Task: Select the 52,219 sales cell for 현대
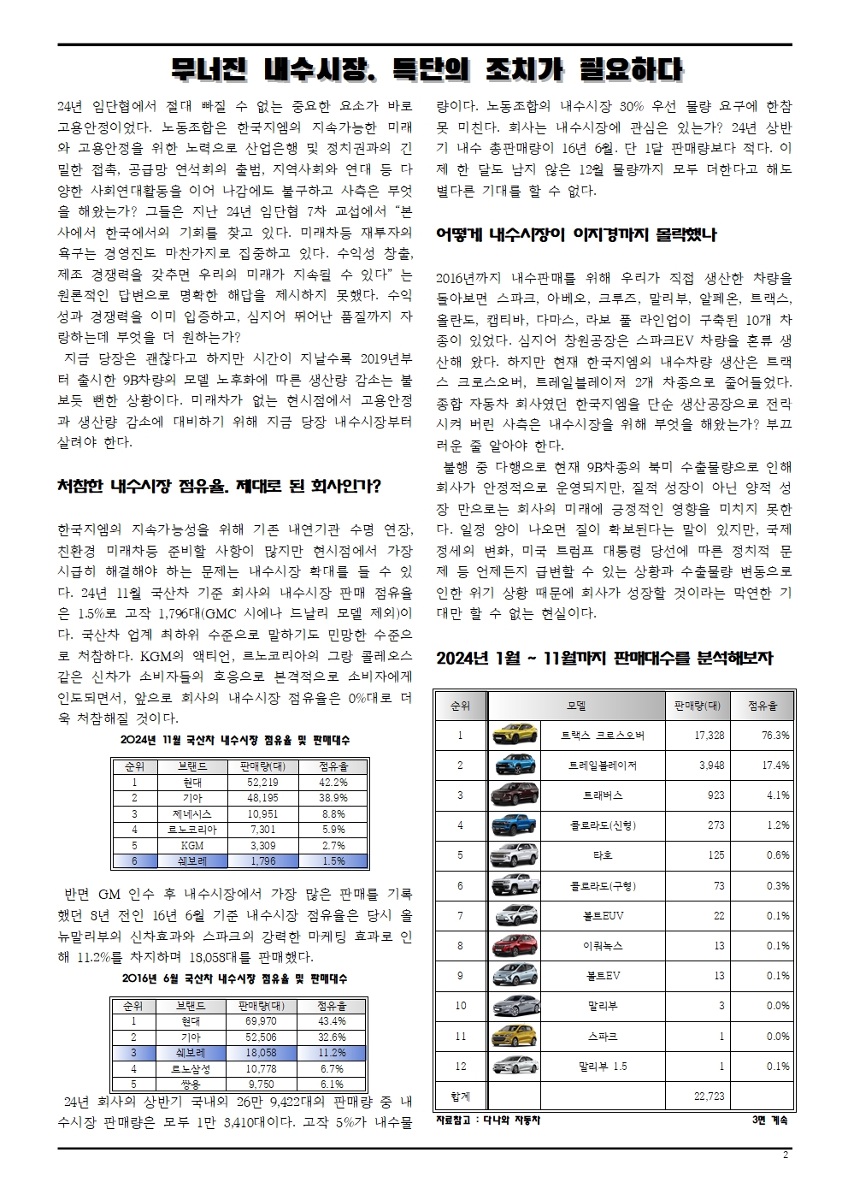click(262, 782)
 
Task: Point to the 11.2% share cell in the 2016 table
click(332, 1053)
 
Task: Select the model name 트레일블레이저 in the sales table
click(603, 766)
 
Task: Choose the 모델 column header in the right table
click(576, 706)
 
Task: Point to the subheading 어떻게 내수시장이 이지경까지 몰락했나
click(576, 233)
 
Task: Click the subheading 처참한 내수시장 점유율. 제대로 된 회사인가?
click(219, 486)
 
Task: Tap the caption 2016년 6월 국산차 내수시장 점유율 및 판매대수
click(234, 978)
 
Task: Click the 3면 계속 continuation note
click(770, 1120)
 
